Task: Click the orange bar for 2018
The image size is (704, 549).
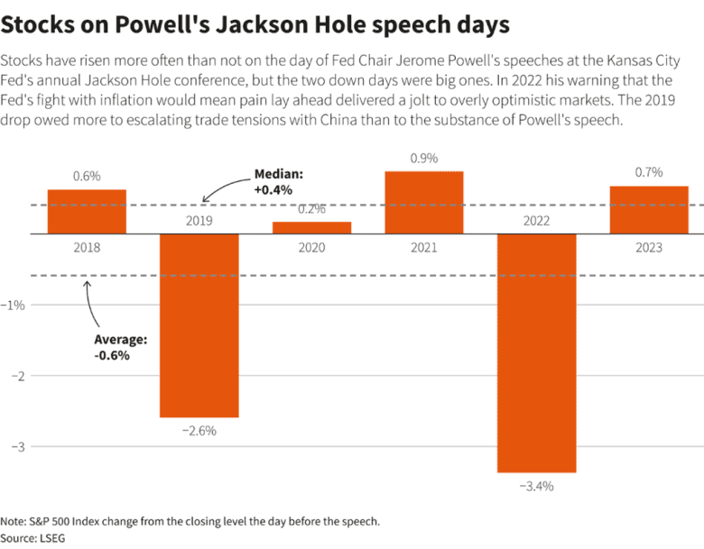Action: point(87,211)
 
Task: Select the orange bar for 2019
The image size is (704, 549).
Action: point(199,325)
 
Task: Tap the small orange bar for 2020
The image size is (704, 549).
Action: point(311,227)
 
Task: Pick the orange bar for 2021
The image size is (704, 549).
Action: point(424,202)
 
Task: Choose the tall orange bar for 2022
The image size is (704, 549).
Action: point(536,352)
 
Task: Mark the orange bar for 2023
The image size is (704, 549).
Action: point(649,209)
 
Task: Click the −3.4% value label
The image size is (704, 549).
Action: point(536,486)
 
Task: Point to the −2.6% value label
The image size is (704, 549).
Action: point(199,431)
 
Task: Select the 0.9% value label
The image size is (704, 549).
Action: point(424,158)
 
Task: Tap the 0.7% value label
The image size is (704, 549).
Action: point(649,172)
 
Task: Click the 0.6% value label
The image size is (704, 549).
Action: point(87,177)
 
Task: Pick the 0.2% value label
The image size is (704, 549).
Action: point(311,209)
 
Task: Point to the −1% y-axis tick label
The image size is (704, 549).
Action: point(16,305)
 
